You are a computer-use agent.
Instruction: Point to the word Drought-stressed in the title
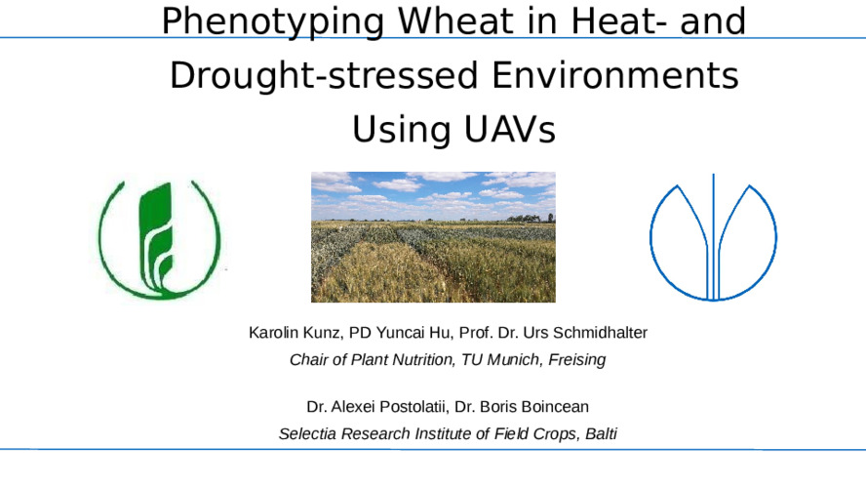[313, 76]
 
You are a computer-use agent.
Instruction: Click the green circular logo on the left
[160, 240]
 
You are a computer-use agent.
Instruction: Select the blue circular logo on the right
[713, 240]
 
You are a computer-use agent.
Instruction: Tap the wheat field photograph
[433, 237]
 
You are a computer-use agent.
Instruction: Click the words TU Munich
[500, 360]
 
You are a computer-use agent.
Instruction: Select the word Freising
[577, 360]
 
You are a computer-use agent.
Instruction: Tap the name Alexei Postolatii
[387, 406]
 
